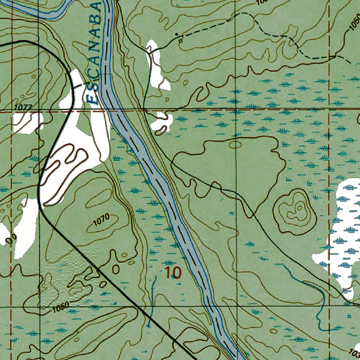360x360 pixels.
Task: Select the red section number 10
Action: coord(173,272)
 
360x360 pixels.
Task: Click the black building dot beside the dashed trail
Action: coord(177,34)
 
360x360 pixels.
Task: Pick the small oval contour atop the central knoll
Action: coord(235,144)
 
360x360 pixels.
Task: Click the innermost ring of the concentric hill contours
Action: coord(299,208)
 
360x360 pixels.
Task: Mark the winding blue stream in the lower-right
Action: coord(318,299)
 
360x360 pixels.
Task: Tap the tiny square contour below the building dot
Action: coord(180,41)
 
